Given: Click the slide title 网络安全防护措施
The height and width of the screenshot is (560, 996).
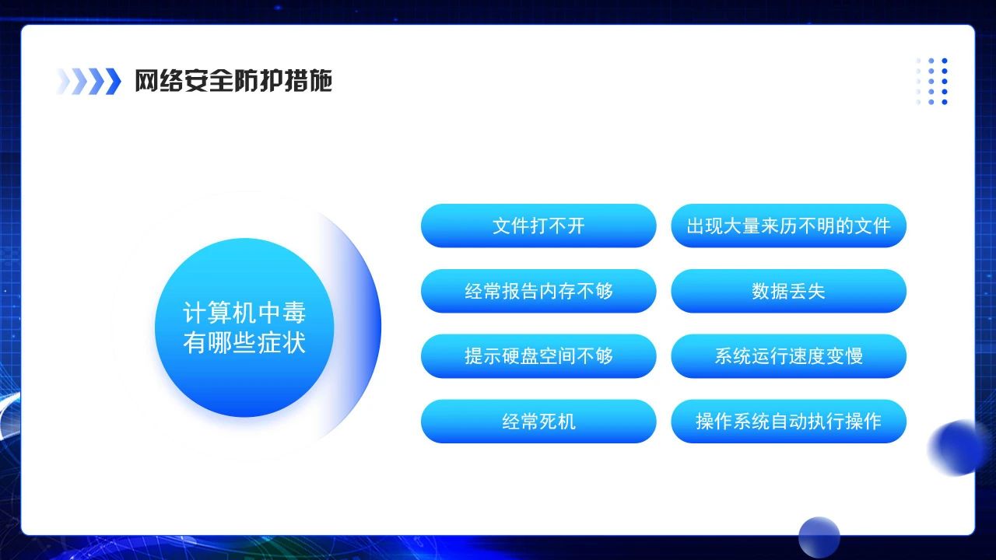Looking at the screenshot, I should click(x=233, y=81).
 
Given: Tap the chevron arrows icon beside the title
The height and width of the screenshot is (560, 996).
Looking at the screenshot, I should click(x=89, y=81).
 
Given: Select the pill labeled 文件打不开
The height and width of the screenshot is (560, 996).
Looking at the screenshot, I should click(x=538, y=226).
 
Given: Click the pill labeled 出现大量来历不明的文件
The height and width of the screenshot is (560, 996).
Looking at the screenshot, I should click(x=788, y=226).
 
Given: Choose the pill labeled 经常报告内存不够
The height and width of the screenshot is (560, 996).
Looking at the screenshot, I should click(x=538, y=291).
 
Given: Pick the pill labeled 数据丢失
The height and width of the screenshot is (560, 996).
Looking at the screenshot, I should click(x=788, y=291).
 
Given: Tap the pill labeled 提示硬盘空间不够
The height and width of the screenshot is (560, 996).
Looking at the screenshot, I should click(x=538, y=356).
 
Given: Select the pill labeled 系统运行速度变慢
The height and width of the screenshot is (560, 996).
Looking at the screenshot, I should click(x=788, y=356).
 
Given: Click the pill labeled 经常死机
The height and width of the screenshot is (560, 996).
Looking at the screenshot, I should click(x=538, y=422).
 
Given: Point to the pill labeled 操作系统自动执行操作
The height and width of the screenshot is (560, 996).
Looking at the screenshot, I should click(x=788, y=422).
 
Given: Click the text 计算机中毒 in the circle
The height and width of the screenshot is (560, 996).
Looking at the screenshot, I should click(x=244, y=313).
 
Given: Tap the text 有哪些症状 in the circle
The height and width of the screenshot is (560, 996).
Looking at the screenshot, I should click(x=244, y=342).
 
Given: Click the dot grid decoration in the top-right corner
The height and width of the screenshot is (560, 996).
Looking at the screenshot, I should click(x=932, y=81).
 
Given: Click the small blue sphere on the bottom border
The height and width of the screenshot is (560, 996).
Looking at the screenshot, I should click(x=819, y=537).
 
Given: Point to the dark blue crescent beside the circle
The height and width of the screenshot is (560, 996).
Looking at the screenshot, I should click(x=366, y=327).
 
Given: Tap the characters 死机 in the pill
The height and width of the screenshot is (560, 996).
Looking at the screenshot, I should click(x=557, y=422).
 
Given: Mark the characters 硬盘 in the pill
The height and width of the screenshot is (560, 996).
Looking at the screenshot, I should click(x=520, y=356).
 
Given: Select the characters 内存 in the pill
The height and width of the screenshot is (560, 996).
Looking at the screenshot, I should click(x=557, y=291).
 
